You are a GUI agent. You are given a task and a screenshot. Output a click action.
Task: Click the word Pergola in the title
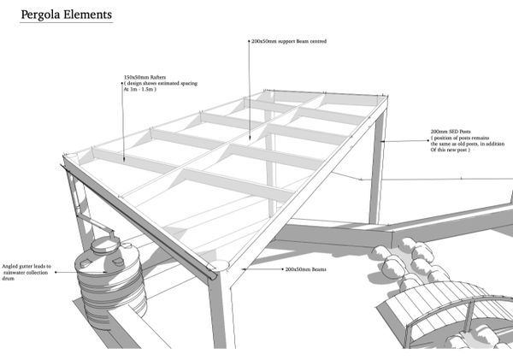click(40, 15)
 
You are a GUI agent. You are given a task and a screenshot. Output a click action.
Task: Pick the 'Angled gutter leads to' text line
click(27, 267)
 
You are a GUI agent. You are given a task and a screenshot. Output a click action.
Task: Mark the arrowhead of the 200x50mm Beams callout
click(242, 269)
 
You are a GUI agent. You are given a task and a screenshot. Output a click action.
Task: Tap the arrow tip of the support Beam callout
click(250, 137)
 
